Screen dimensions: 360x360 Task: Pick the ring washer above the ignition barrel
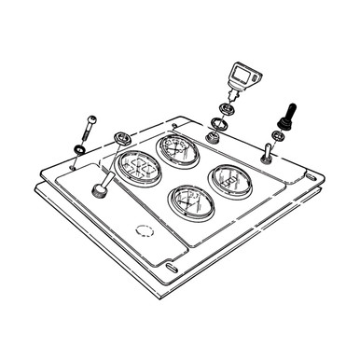[219, 122]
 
